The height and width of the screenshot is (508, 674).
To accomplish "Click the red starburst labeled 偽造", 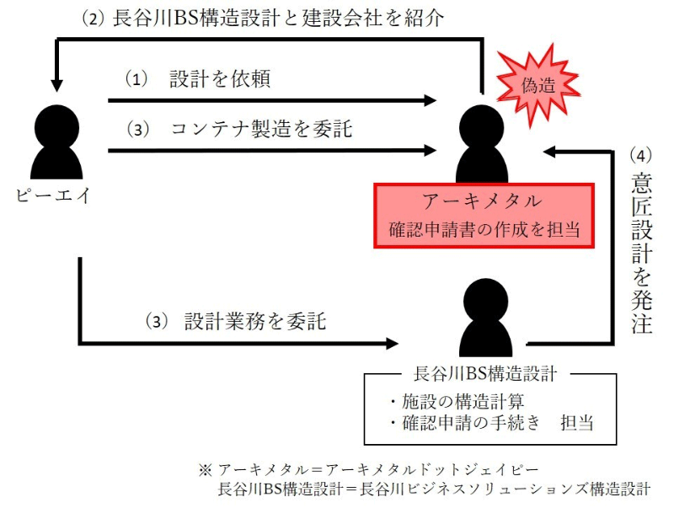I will [x=538, y=83].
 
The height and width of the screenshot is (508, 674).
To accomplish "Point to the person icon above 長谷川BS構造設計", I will [x=487, y=317].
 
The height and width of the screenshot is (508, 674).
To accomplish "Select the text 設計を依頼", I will [x=219, y=80].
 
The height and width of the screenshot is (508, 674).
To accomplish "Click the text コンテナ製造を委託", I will [x=261, y=130].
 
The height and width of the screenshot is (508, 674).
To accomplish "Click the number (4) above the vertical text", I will [x=642, y=156].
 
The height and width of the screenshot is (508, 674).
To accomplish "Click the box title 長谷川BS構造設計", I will [x=483, y=372].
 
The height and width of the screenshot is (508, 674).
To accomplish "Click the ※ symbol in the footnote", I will [x=205, y=468].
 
